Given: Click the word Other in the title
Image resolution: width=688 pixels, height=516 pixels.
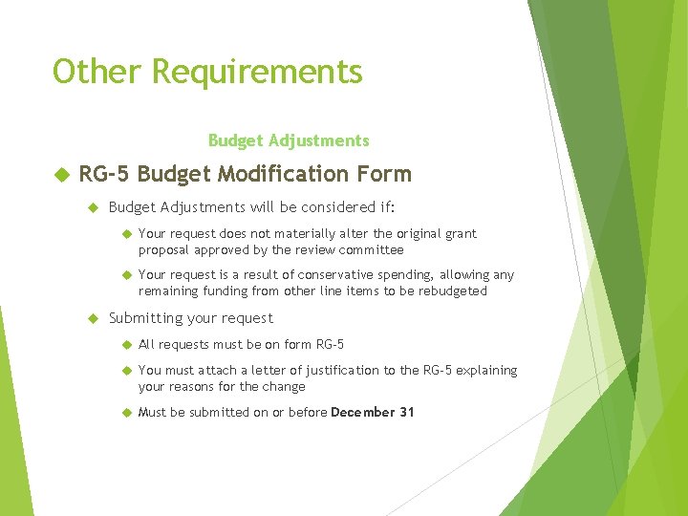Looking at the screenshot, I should [96, 72].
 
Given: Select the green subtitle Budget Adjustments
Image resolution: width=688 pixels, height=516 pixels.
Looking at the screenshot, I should [288, 140].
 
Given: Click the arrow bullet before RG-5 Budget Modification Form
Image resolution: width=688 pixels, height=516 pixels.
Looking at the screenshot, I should [61, 174].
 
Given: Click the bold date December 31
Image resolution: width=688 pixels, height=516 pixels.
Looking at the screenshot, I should [373, 413].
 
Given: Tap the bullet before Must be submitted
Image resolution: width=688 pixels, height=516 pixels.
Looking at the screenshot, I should [124, 413].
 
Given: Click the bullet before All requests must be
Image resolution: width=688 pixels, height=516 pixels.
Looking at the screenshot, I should [124, 345].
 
